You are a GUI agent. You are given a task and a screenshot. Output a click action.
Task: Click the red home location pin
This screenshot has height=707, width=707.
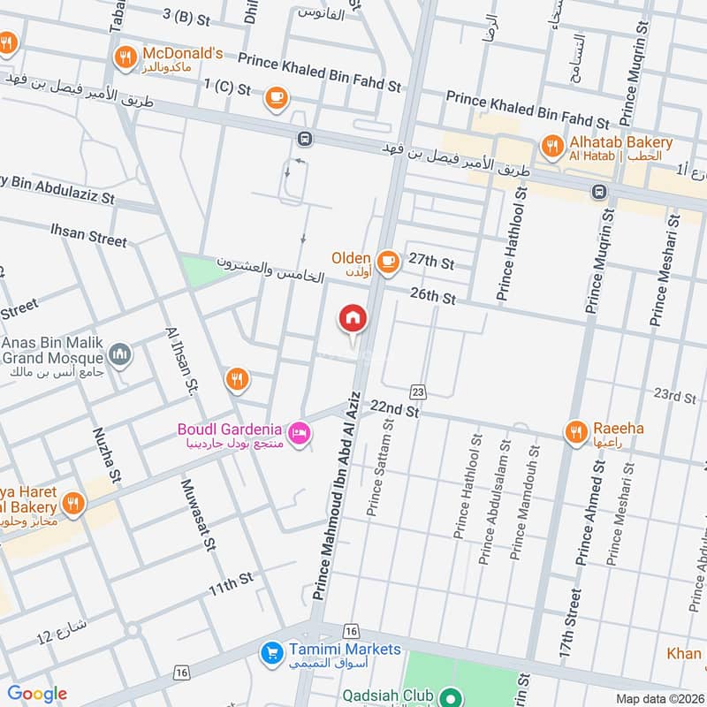[x=353, y=319]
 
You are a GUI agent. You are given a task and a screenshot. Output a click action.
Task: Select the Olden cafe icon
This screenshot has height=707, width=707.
[x=386, y=260]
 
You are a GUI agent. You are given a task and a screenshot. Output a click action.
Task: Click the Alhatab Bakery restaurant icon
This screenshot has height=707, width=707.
[x=553, y=148]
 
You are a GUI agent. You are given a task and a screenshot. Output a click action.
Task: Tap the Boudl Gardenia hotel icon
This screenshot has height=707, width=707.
[x=300, y=430]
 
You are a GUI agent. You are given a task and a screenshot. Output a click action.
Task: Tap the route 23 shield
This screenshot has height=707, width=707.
[x=418, y=391]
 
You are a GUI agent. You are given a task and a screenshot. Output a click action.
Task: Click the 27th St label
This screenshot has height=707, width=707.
[x=431, y=262]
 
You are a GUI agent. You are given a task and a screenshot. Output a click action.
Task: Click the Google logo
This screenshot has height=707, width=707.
[x=37, y=694]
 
